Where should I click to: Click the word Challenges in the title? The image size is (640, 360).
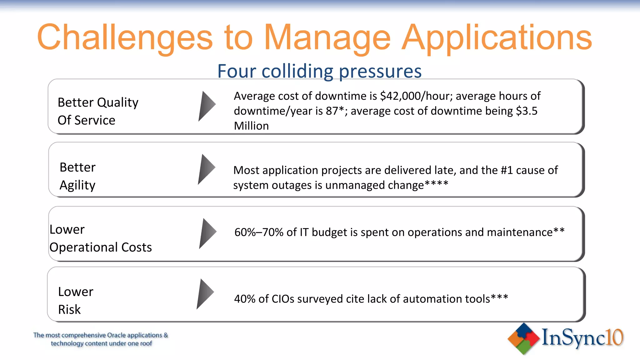(125, 38)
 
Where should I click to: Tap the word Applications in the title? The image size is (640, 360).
(497, 38)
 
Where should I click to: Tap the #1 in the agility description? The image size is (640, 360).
(507, 170)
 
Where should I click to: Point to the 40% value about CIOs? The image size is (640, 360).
(245, 299)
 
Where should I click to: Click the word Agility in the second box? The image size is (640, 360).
(77, 185)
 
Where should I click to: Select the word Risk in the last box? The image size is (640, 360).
(69, 309)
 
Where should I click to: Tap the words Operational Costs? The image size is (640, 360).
(101, 247)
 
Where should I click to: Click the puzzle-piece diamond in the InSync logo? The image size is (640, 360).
(524, 338)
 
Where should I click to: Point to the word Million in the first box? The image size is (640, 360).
(251, 126)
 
